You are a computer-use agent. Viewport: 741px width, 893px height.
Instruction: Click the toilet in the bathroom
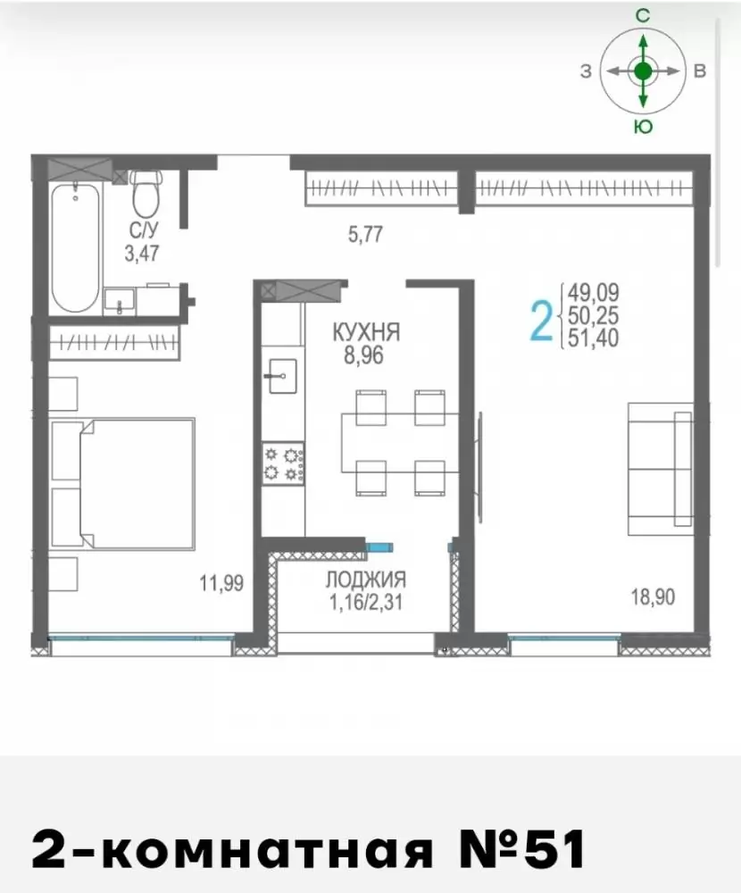(147, 193)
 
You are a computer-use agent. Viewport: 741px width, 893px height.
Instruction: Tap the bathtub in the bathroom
(76, 247)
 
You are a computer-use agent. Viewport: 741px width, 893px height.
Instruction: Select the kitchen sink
(282, 376)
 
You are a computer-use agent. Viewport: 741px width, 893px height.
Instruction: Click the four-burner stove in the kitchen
(283, 463)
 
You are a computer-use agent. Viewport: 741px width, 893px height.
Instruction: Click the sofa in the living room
(661, 469)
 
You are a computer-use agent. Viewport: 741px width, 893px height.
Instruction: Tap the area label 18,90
(653, 597)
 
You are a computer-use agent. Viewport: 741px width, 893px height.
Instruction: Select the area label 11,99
(221, 583)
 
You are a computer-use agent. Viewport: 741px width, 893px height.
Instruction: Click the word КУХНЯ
(366, 332)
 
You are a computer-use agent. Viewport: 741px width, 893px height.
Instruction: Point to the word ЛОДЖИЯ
(366, 580)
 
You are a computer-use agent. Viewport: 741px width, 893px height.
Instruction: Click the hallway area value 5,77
(365, 234)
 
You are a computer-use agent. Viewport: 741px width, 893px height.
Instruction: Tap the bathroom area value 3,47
(142, 253)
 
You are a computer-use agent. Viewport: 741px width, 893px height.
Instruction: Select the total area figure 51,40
(593, 338)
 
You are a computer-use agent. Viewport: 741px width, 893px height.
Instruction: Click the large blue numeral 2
(541, 321)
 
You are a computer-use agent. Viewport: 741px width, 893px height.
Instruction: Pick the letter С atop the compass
(643, 16)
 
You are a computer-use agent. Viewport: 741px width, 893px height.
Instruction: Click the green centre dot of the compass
(643, 71)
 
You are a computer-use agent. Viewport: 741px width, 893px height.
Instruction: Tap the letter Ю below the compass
(643, 127)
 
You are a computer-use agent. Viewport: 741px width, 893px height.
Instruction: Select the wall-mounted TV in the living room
(480, 467)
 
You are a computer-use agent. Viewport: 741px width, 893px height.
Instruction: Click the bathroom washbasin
(120, 301)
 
